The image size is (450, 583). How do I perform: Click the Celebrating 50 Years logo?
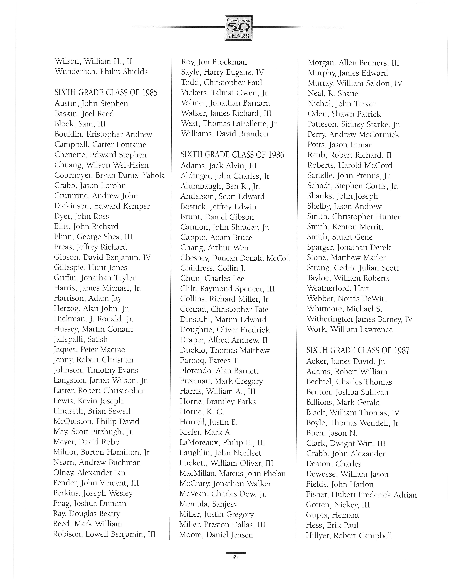click(x=238, y=28)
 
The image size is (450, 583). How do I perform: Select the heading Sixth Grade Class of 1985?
click(x=106, y=93)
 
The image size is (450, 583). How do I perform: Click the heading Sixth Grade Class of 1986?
click(x=232, y=155)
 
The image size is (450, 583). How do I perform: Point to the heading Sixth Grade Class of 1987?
click(x=358, y=351)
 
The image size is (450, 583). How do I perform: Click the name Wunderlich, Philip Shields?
click(x=101, y=72)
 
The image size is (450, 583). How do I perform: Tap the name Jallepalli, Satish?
click(x=80, y=339)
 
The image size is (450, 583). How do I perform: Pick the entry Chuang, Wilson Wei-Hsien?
click(x=101, y=165)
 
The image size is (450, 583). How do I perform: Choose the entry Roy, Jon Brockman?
click(x=214, y=62)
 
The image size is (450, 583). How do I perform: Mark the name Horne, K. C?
click(x=202, y=412)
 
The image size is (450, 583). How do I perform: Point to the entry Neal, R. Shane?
click(x=333, y=93)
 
